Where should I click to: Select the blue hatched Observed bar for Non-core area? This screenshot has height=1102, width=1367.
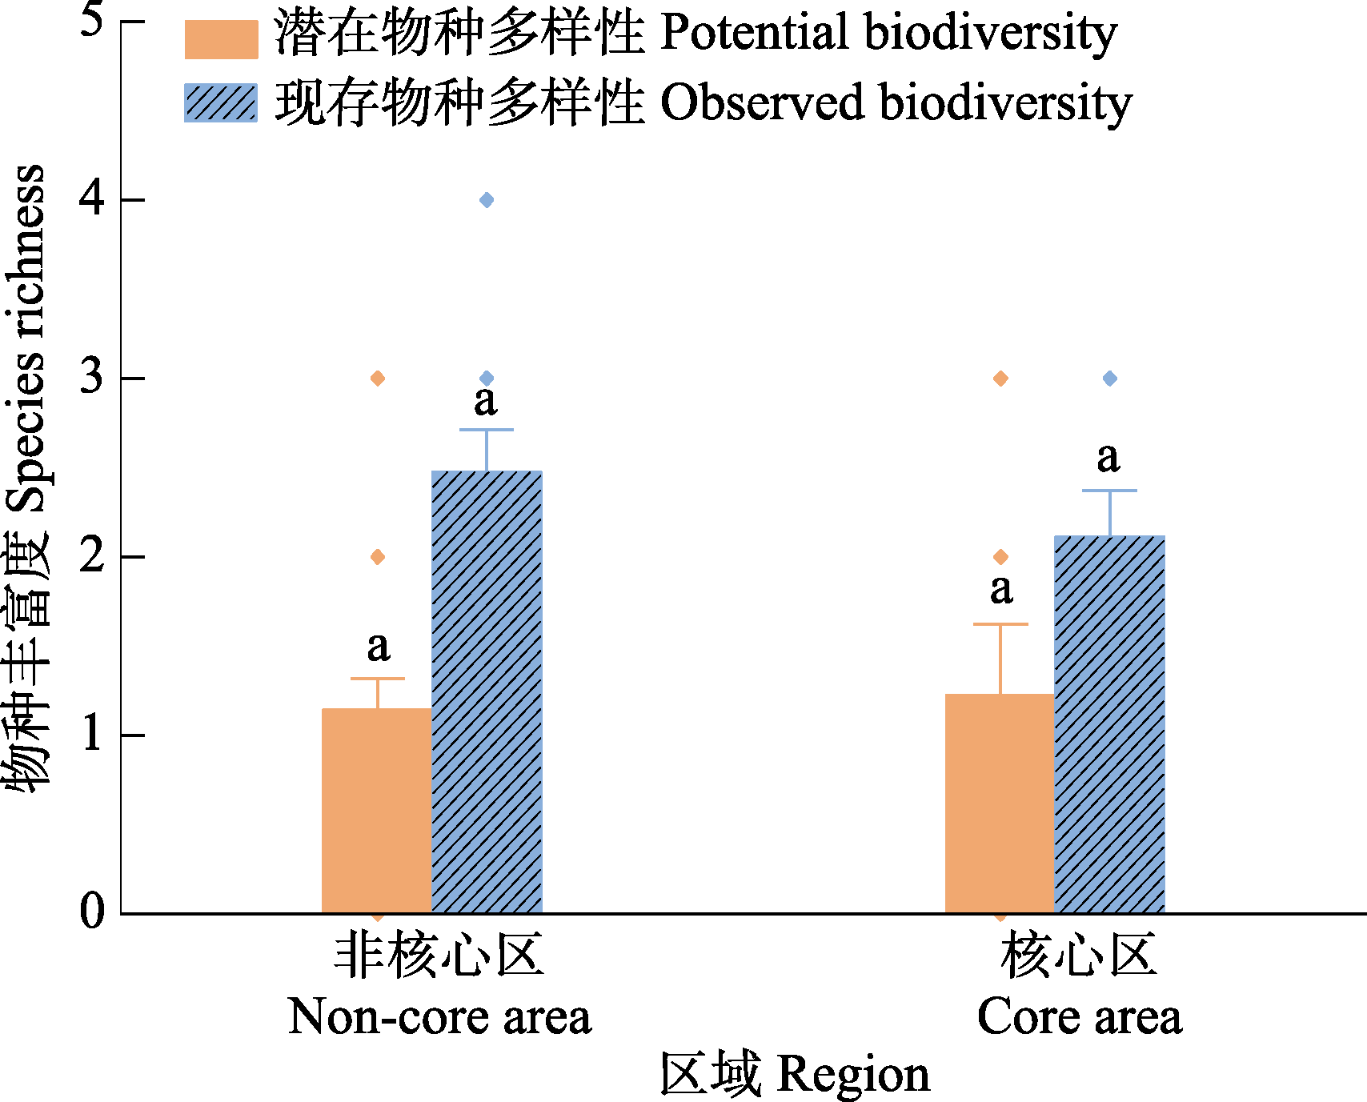487,691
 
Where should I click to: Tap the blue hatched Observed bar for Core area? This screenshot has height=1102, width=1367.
1109,724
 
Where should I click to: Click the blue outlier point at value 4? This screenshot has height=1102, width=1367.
487,200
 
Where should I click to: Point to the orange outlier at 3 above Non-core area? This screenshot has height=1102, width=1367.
378,379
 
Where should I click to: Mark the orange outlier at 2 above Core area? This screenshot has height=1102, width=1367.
1000,557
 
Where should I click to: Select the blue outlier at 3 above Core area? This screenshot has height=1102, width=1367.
1109,379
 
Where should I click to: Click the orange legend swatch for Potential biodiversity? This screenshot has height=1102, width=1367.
221,39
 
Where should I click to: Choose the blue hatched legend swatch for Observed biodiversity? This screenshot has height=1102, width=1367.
221,103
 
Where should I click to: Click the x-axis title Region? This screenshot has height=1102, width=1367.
795,1074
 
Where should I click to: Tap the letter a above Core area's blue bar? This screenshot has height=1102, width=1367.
1108,458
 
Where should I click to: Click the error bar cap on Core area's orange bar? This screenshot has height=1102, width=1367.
1000,624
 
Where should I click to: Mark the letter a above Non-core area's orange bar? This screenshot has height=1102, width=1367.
379,647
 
